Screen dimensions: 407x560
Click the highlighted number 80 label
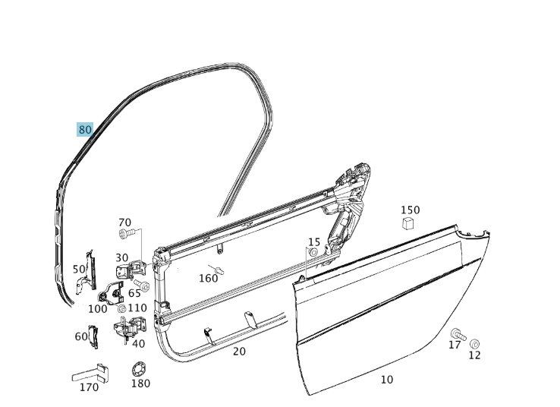(x=85, y=130)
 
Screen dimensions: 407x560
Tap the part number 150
(x=410, y=210)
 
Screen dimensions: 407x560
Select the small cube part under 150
(x=408, y=223)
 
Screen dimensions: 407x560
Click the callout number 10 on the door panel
(x=387, y=380)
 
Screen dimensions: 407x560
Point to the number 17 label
(x=455, y=345)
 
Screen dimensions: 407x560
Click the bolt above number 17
(x=457, y=333)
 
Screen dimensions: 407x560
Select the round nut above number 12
(x=475, y=344)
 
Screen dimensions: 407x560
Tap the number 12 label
(x=474, y=355)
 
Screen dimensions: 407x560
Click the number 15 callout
(x=314, y=242)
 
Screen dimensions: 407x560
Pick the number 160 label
(x=208, y=279)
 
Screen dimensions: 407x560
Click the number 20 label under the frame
(x=239, y=352)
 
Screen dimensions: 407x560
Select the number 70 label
(x=125, y=223)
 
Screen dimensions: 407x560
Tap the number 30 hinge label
(x=122, y=258)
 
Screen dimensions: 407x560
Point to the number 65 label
(x=134, y=293)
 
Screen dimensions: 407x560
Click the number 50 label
(x=79, y=270)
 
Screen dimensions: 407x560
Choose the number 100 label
(x=98, y=309)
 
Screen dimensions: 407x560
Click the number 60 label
(x=81, y=336)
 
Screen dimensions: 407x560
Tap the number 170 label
(x=89, y=387)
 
